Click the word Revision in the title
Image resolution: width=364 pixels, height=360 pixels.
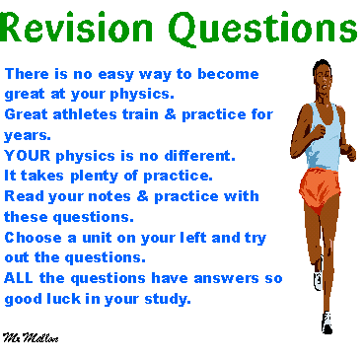[77, 27]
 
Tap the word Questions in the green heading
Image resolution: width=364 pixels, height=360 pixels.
[262, 29]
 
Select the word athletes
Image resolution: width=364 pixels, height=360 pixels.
[85, 114]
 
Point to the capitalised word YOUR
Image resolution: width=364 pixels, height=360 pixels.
[28, 156]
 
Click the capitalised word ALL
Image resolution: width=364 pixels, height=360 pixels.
[19, 278]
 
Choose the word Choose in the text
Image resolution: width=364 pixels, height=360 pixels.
[33, 238]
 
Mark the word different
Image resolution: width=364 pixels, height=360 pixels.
[200, 156]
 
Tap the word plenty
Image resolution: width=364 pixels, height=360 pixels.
[95, 177]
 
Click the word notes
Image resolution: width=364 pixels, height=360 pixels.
[109, 196]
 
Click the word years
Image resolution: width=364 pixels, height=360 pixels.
[28, 136]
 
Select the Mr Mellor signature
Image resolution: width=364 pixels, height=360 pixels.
[31, 337]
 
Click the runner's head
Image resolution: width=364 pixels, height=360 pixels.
[322, 75]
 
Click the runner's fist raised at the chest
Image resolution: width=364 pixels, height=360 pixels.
[319, 131]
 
